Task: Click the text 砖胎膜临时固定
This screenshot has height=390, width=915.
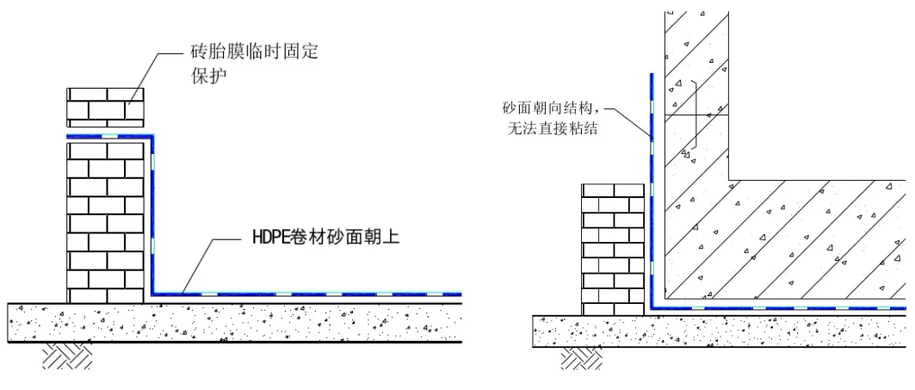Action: tap(254, 52)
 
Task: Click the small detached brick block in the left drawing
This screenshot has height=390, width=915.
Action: tap(106, 108)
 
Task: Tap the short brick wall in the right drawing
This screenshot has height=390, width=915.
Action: tap(613, 249)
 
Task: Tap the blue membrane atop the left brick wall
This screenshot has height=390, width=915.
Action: tap(108, 136)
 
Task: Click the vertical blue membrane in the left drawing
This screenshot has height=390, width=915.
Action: tap(153, 215)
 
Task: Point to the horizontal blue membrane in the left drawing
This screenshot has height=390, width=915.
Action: tap(310, 294)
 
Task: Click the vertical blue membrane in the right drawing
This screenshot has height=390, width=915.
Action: tap(652, 189)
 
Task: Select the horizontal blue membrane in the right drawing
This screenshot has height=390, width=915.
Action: tap(775, 306)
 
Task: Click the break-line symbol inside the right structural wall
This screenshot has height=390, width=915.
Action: tap(694, 129)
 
